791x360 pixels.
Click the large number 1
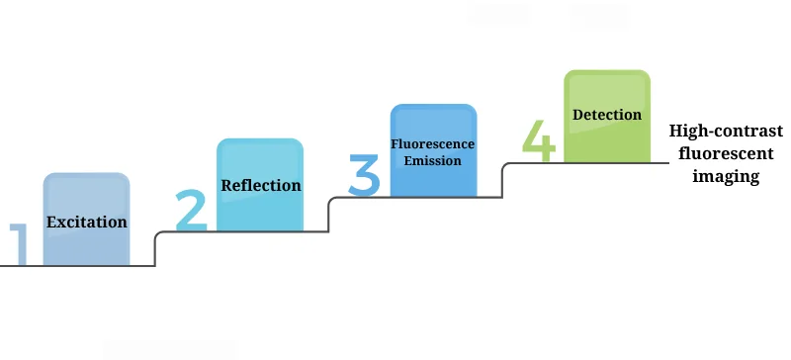tap(18, 245)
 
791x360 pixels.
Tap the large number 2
tap(193, 210)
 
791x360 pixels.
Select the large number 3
tap(364, 174)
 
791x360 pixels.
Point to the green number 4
tap(539, 140)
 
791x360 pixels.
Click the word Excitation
tap(87, 222)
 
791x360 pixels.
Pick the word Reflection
tap(261, 185)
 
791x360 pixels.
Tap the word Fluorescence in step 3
tap(433, 144)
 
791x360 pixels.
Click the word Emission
tap(433, 160)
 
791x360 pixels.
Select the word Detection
tap(607, 115)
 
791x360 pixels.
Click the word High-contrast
tap(726, 132)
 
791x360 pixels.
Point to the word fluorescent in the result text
tap(726, 154)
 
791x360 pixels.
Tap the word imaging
tap(726, 177)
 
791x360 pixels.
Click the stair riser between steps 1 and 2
tap(155, 249)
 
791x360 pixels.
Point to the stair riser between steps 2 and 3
tap(329, 215)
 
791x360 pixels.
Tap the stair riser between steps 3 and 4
tap(503, 180)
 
